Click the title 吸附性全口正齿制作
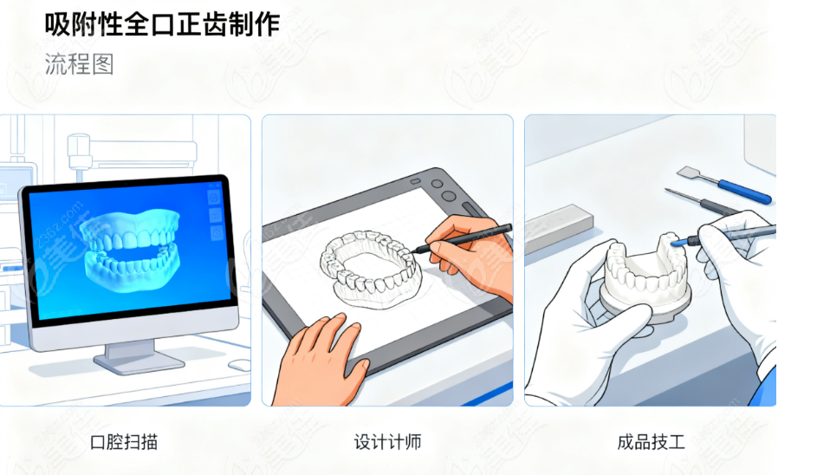click(162, 24)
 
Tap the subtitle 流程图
click(79, 64)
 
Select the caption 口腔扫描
click(124, 442)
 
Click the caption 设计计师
click(387, 442)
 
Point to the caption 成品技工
click(651, 442)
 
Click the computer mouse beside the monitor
click(240, 365)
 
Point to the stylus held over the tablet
click(462, 238)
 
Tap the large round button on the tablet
click(448, 196)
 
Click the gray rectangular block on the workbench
click(558, 227)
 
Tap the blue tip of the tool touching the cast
click(678, 243)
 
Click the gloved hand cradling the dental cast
click(584, 323)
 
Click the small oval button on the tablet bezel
click(415, 181)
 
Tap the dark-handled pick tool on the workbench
click(704, 202)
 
